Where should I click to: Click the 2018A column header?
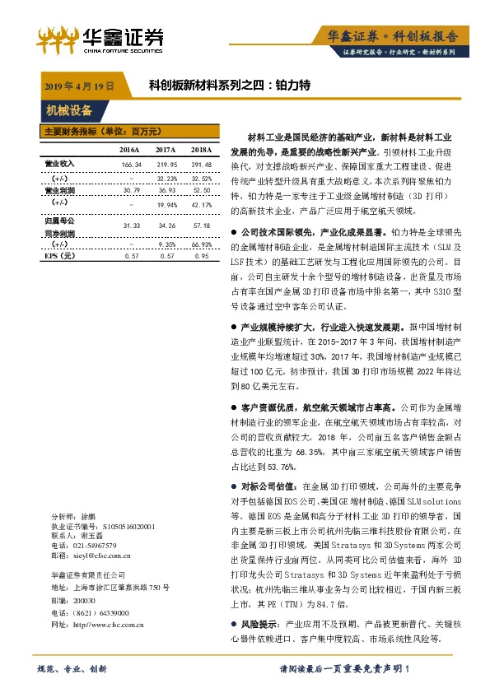(201, 150)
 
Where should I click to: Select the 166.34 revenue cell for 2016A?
(131, 165)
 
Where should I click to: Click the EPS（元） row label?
(58, 257)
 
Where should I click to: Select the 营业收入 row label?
(58, 164)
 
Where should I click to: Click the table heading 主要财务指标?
(69, 131)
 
